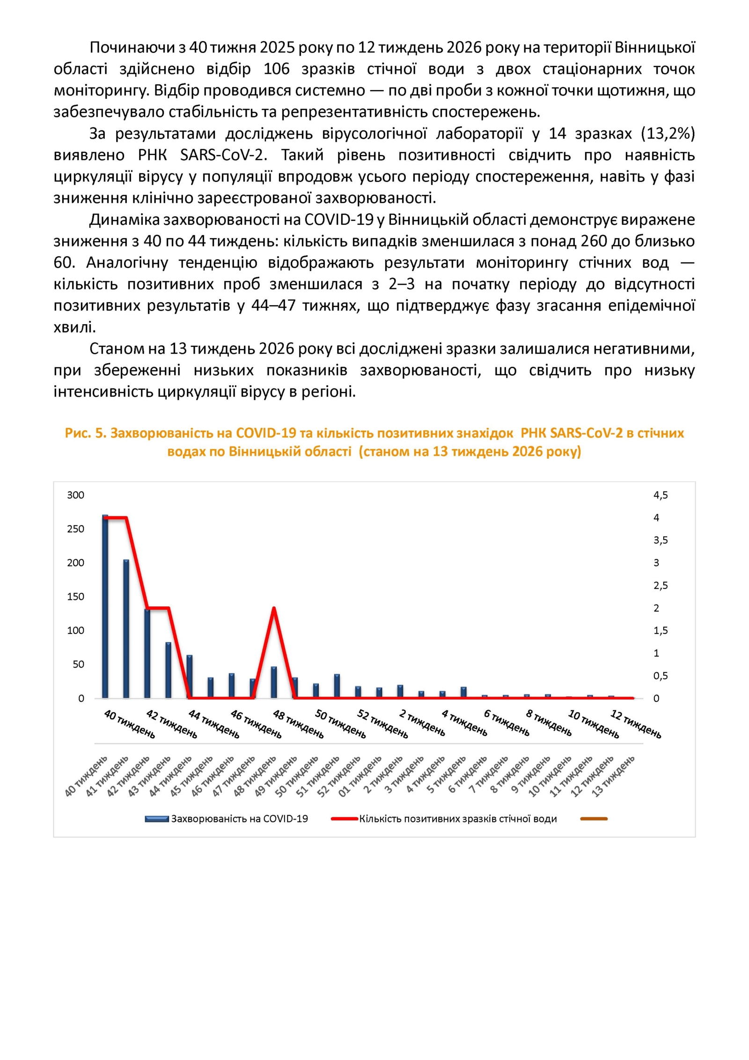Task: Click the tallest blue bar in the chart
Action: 105,606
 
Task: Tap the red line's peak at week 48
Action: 274,608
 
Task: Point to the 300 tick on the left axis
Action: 75,495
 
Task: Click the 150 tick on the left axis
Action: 75,597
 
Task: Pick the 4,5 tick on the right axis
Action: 661,495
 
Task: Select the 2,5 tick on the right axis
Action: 661,585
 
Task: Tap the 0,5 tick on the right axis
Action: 661,676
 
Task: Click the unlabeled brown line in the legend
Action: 594,819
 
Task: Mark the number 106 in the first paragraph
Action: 276,69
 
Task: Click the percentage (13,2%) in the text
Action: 668,134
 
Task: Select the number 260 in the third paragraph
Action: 595,241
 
